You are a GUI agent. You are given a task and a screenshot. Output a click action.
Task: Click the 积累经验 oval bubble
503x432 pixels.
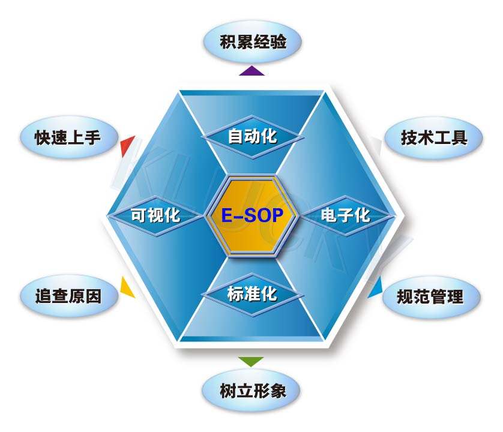click(253, 42)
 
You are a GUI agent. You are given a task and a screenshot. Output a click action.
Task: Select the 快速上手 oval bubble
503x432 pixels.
click(69, 137)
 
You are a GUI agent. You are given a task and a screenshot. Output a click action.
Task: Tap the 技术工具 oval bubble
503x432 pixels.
click(434, 138)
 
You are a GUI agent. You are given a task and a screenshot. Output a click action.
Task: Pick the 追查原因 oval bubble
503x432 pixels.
click(69, 296)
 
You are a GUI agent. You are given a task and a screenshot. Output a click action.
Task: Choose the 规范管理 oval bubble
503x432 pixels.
click(431, 296)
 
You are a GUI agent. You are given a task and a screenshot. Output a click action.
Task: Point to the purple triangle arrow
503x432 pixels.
click(252, 71)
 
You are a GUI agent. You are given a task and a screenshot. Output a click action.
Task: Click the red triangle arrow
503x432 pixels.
click(128, 146)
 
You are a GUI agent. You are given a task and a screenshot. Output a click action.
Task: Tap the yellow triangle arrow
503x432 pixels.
click(127, 287)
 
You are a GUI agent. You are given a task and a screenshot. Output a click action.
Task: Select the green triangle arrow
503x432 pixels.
click(251, 361)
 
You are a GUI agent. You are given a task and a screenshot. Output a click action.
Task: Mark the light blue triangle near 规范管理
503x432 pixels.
click(375, 287)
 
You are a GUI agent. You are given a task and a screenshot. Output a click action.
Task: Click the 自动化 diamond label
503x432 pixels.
click(253, 137)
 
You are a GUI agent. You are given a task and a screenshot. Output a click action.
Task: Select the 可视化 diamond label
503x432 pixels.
click(155, 215)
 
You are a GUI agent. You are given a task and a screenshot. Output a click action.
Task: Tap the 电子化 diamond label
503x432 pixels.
click(346, 215)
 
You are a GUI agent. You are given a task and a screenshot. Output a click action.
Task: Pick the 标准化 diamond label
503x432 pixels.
click(253, 294)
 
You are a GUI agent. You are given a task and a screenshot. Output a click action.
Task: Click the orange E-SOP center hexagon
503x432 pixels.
click(252, 215)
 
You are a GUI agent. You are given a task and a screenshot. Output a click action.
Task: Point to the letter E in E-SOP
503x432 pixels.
click(227, 215)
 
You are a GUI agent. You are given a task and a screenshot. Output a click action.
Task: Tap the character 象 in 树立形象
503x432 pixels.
click(277, 391)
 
